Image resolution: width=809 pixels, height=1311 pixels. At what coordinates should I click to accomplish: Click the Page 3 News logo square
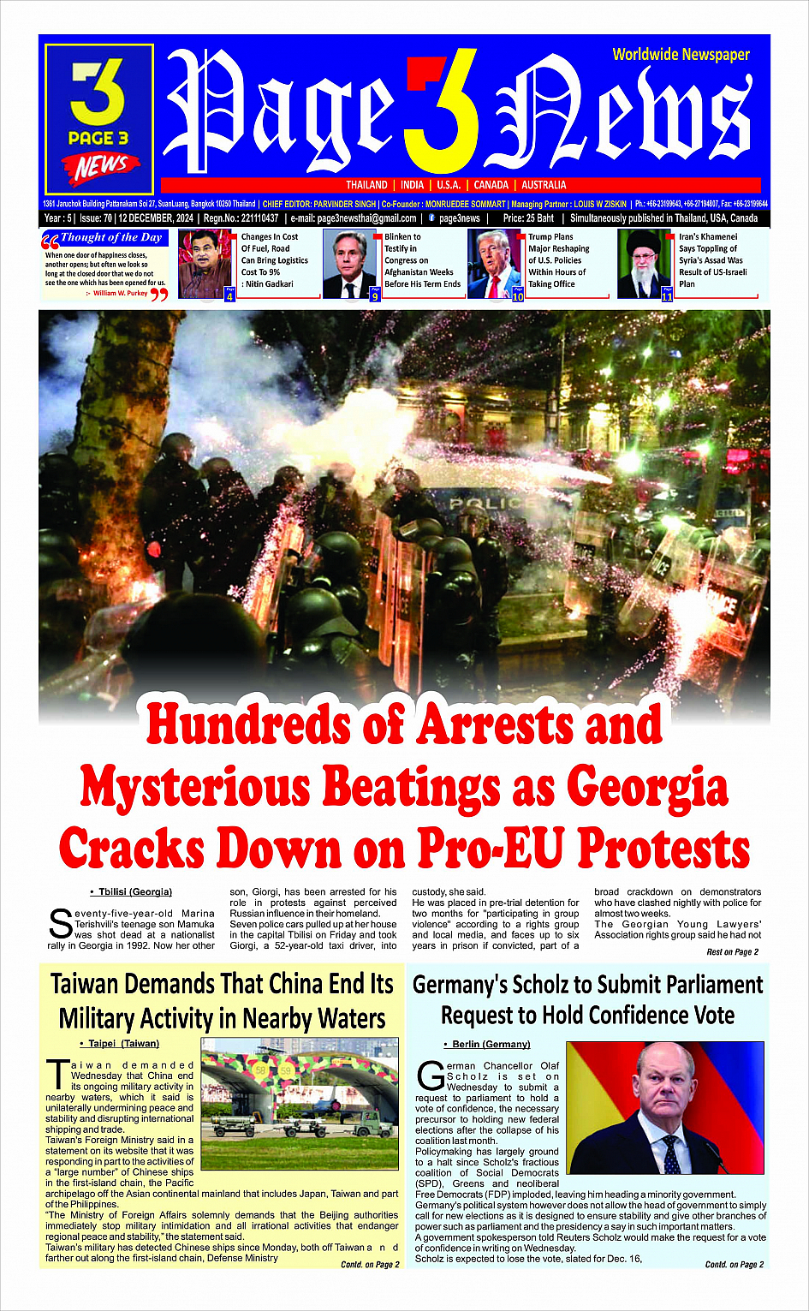(98, 119)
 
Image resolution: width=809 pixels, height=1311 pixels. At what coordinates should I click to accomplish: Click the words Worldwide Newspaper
(681, 55)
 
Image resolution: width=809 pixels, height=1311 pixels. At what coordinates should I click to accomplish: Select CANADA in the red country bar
(491, 185)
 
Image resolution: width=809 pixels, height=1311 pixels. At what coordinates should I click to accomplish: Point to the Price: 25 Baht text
(528, 218)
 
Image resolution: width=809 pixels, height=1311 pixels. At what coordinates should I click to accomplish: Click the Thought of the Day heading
(110, 237)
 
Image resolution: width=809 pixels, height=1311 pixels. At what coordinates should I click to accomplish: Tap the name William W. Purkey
(121, 293)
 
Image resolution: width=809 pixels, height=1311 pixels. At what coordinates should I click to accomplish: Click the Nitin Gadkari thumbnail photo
(204, 263)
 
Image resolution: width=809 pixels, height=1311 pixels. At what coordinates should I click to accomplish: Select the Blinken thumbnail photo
(349, 263)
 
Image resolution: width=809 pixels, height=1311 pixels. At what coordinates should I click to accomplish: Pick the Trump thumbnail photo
(494, 263)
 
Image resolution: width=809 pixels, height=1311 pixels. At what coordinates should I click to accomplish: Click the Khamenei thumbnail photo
(644, 263)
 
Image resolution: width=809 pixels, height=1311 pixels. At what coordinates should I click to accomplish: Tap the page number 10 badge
(517, 295)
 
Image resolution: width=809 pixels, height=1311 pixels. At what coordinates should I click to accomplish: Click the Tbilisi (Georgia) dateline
(134, 892)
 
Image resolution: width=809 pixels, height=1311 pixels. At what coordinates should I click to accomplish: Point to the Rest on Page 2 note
(732, 951)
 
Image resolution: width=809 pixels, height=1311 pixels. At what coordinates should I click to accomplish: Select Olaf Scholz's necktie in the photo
(672, 1153)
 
